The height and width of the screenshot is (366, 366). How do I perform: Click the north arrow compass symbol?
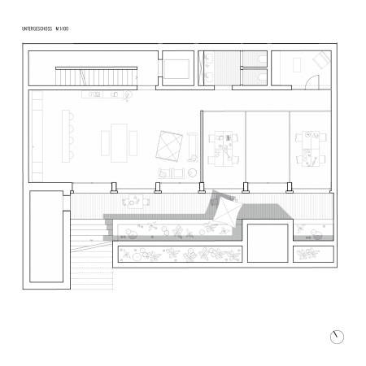337,336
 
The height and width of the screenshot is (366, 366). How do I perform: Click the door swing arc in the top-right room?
312,82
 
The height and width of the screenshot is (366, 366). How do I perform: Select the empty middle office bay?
267,146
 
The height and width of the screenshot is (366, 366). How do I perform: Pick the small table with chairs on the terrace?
131,200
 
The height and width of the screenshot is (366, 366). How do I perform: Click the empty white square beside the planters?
268,241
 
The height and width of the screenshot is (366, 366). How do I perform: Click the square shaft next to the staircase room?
177,68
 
